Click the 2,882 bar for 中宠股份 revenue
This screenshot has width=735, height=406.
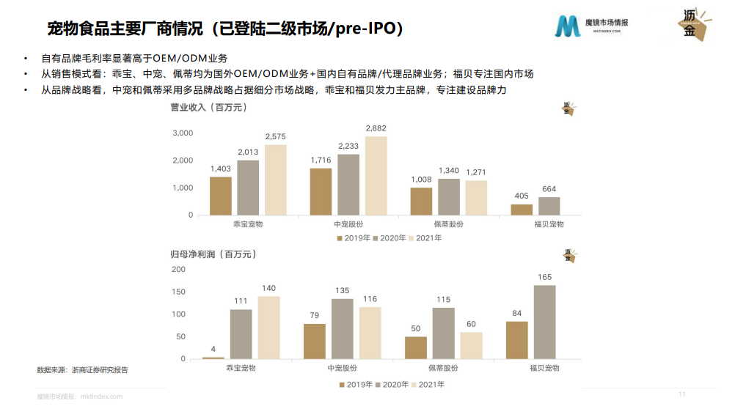click(376, 176)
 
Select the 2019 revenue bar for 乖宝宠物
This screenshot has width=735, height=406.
click(220, 196)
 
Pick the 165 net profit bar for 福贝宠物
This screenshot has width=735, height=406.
click(544, 322)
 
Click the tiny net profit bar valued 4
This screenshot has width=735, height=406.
click(213, 358)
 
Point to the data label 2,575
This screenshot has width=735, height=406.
click(276, 136)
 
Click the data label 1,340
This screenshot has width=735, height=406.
click(448, 171)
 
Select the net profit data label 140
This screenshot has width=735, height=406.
click(268, 288)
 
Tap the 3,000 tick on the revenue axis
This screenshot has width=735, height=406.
click(183, 133)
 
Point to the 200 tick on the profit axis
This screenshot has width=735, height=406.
click(179, 269)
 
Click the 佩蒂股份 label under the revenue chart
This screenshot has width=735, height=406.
click(448, 224)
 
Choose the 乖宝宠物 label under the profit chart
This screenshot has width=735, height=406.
click(241, 368)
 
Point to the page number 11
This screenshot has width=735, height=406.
click(681, 394)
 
